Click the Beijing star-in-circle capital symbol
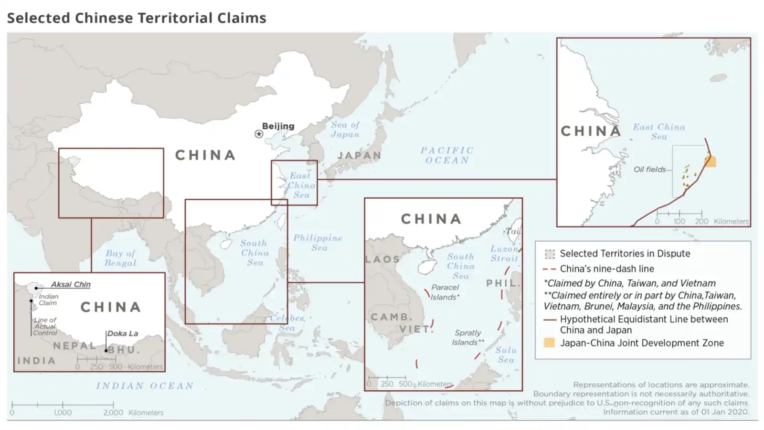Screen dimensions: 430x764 tap(259, 134)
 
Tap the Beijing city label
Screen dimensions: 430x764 tap(278, 126)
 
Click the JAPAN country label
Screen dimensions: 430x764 tap(359, 155)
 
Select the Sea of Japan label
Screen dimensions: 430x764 tap(345, 129)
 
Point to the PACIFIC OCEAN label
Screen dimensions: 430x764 tap(447, 155)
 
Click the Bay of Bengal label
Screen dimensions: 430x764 tap(121, 258)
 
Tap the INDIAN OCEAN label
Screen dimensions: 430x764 tap(145, 386)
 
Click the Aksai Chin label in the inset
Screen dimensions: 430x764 tap(71, 284)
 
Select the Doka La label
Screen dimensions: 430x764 tap(123, 333)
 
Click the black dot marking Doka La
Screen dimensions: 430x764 tap(106, 351)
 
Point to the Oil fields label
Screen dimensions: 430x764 tap(649, 169)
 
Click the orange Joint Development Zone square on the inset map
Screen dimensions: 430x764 tap(711, 161)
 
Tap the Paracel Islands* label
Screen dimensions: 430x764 tap(445, 292)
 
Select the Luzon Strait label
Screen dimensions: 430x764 tap(504, 253)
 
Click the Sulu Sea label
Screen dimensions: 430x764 tap(506, 355)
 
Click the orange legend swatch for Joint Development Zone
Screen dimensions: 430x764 tap(550, 343)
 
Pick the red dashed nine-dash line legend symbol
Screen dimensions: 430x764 tap(550, 269)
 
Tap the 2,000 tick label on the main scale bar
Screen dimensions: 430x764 tap(113, 412)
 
